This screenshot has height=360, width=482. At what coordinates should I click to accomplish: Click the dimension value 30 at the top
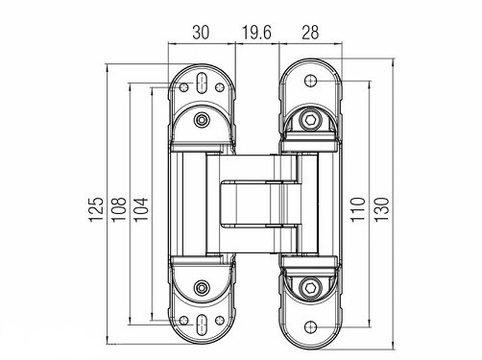pyautogui.click(x=201, y=33)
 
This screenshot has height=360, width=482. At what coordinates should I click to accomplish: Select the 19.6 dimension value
pyautogui.click(x=256, y=33)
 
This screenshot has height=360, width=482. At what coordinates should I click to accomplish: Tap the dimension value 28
pyautogui.click(x=310, y=33)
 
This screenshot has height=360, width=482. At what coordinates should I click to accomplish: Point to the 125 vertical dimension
pyautogui.click(x=96, y=209)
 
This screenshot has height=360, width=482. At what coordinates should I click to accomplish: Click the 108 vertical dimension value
pyautogui.click(x=118, y=209)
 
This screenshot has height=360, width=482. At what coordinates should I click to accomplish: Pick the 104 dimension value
pyautogui.click(x=141, y=209)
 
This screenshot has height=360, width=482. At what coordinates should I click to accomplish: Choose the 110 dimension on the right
pyautogui.click(x=357, y=209)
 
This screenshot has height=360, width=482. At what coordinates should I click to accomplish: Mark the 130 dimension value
pyautogui.click(x=381, y=209)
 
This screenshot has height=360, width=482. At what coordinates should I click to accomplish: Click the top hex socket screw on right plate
pyautogui.click(x=310, y=121)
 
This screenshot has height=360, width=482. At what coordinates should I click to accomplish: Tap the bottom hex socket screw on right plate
pyautogui.click(x=310, y=287)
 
